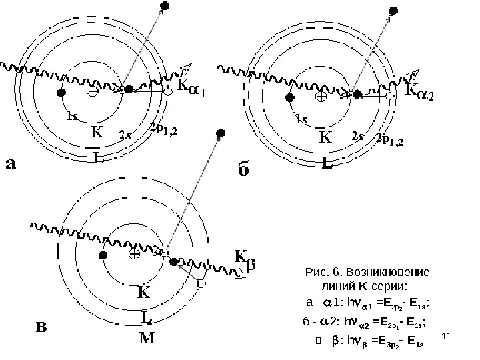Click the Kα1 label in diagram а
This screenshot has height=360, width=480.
(191, 88)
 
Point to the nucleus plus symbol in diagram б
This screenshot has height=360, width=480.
(321, 96)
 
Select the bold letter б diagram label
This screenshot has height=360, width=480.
(244, 171)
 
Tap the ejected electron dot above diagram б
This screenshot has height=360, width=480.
(394, 11)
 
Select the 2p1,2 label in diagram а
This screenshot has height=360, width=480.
(163, 128)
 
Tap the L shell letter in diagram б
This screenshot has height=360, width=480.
(327, 162)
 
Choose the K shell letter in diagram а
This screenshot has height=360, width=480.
(97, 133)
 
